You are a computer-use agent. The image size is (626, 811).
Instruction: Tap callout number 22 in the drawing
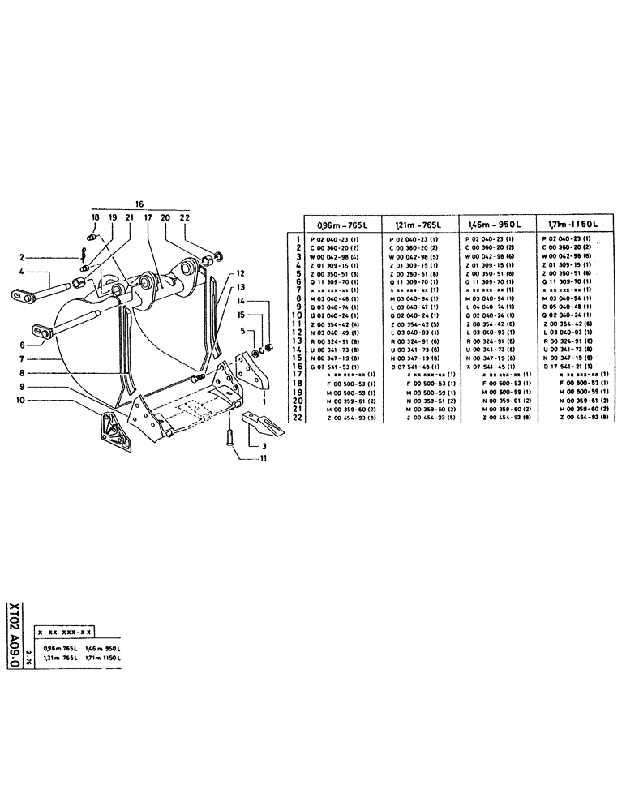pyautogui.click(x=185, y=218)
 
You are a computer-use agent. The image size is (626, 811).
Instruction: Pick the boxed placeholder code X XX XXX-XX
pyautogui.click(x=66, y=632)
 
